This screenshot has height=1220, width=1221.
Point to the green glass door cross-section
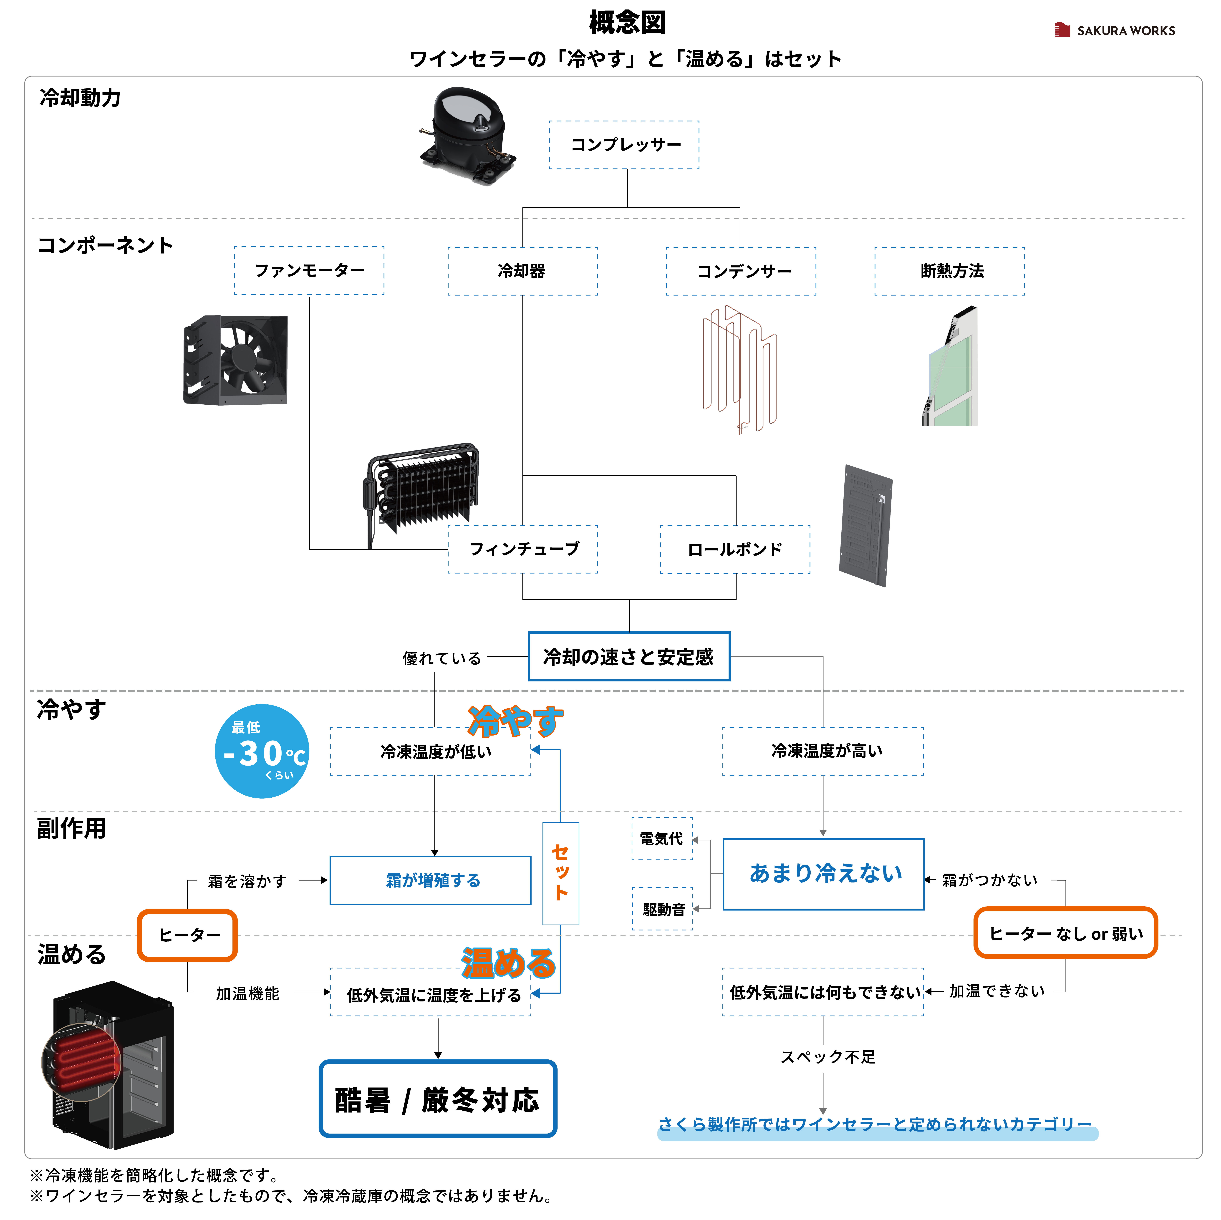[x=949, y=365]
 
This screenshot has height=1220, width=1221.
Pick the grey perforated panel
[x=865, y=526]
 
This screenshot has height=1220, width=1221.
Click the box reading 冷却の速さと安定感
[x=629, y=656]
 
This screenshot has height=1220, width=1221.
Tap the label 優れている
[x=432, y=660]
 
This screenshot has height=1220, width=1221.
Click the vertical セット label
[x=561, y=873]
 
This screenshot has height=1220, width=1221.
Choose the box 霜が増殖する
[x=430, y=880]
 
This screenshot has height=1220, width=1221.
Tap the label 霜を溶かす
[x=248, y=880]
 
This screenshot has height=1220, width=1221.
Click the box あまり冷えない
[x=823, y=874]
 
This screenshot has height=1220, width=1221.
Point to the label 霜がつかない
[x=992, y=880]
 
